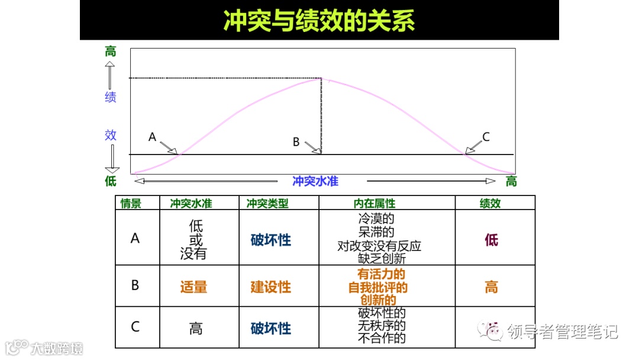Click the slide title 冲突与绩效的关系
(x=319, y=20)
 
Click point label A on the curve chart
(x=152, y=137)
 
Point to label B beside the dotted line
(x=296, y=142)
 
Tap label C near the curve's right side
(x=486, y=137)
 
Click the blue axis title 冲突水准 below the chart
(x=315, y=181)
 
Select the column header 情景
(x=131, y=203)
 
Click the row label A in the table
(x=135, y=238)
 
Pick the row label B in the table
(x=135, y=285)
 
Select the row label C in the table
(x=135, y=327)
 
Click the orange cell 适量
(x=194, y=288)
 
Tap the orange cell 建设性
(x=271, y=288)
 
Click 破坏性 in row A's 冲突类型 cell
(x=271, y=240)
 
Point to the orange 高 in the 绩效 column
(x=491, y=288)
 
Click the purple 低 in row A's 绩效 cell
(x=491, y=240)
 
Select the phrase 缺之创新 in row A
(x=382, y=259)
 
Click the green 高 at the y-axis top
(x=111, y=52)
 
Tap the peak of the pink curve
(x=321, y=79)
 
